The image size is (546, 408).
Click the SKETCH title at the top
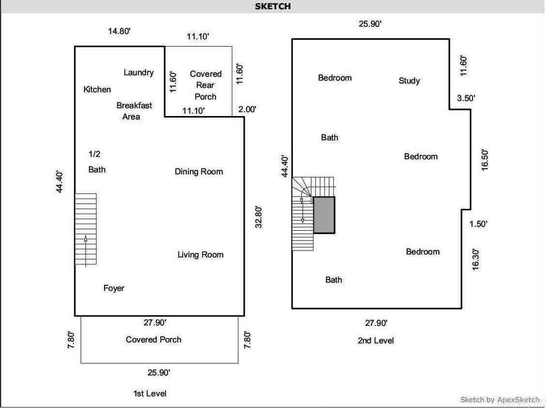coord(273,6)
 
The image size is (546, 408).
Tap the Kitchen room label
coord(97,89)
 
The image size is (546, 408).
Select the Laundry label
coord(138,72)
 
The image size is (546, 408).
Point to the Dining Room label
coord(199,171)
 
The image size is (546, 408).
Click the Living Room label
coord(200,255)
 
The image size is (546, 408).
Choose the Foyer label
coord(114,288)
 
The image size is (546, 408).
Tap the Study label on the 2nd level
coord(409,81)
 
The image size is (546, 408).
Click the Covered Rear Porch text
coord(205,85)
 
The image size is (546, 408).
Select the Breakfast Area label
coord(134,111)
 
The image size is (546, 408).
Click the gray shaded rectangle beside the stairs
coord(324,215)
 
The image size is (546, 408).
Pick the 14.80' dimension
coord(119,31)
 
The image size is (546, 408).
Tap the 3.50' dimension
coord(466,98)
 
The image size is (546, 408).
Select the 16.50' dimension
coord(484,159)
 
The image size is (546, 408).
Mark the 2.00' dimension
coord(247,109)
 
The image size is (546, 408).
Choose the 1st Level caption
coord(150,393)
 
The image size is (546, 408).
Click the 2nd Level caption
coord(375,340)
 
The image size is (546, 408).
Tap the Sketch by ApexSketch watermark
coord(499,400)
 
